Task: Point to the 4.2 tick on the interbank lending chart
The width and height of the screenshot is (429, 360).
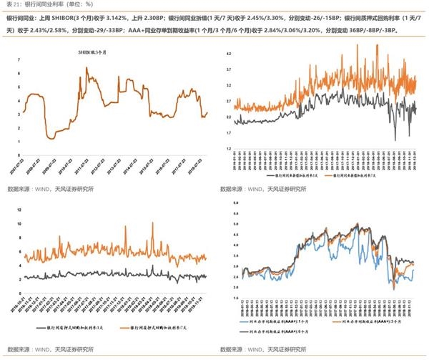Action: tap(227, 54)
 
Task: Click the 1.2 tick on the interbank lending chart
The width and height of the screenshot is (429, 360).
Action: tap(227, 148)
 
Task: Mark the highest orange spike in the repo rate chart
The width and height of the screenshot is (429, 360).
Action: tap(152, 224)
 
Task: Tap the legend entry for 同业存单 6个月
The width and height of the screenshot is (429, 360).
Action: tap(272, 331)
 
